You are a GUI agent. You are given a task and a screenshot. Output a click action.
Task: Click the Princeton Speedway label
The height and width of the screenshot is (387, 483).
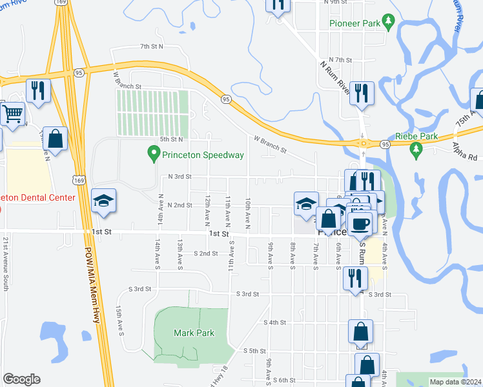[x=203, y=155]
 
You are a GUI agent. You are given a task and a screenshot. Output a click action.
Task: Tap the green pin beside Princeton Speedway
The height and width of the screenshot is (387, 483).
[x=153, y=154]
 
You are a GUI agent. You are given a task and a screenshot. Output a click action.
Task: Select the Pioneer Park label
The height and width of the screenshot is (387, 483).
[x=354, y=23]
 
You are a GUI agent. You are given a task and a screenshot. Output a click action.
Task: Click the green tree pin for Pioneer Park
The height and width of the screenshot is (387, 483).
[x=389, y=23]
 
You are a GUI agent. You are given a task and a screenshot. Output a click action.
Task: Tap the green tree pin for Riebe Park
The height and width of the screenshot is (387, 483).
[x=416, y=150]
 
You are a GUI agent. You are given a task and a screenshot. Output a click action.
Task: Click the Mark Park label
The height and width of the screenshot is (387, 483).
[x=194, y=333]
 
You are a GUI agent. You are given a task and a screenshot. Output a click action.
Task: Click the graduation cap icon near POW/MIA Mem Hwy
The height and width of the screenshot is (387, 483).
[x=103, y=201]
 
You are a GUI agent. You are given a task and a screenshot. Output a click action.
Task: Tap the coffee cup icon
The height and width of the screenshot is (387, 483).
[x=361, y=223]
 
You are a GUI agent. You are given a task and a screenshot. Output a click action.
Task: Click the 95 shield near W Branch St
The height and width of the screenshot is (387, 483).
[x=226, y=99]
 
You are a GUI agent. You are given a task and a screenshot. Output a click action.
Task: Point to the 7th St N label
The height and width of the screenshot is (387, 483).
[x=152, y=46]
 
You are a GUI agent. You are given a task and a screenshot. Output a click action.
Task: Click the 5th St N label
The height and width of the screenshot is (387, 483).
[x=172, y=139]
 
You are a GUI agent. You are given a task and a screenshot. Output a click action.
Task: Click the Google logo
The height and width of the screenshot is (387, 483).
[x=21, y=379]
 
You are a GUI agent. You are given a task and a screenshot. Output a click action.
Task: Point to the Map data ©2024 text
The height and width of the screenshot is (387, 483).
[x=455, y=382]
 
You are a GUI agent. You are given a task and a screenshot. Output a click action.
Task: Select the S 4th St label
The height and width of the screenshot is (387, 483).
[x=274, y=322]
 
